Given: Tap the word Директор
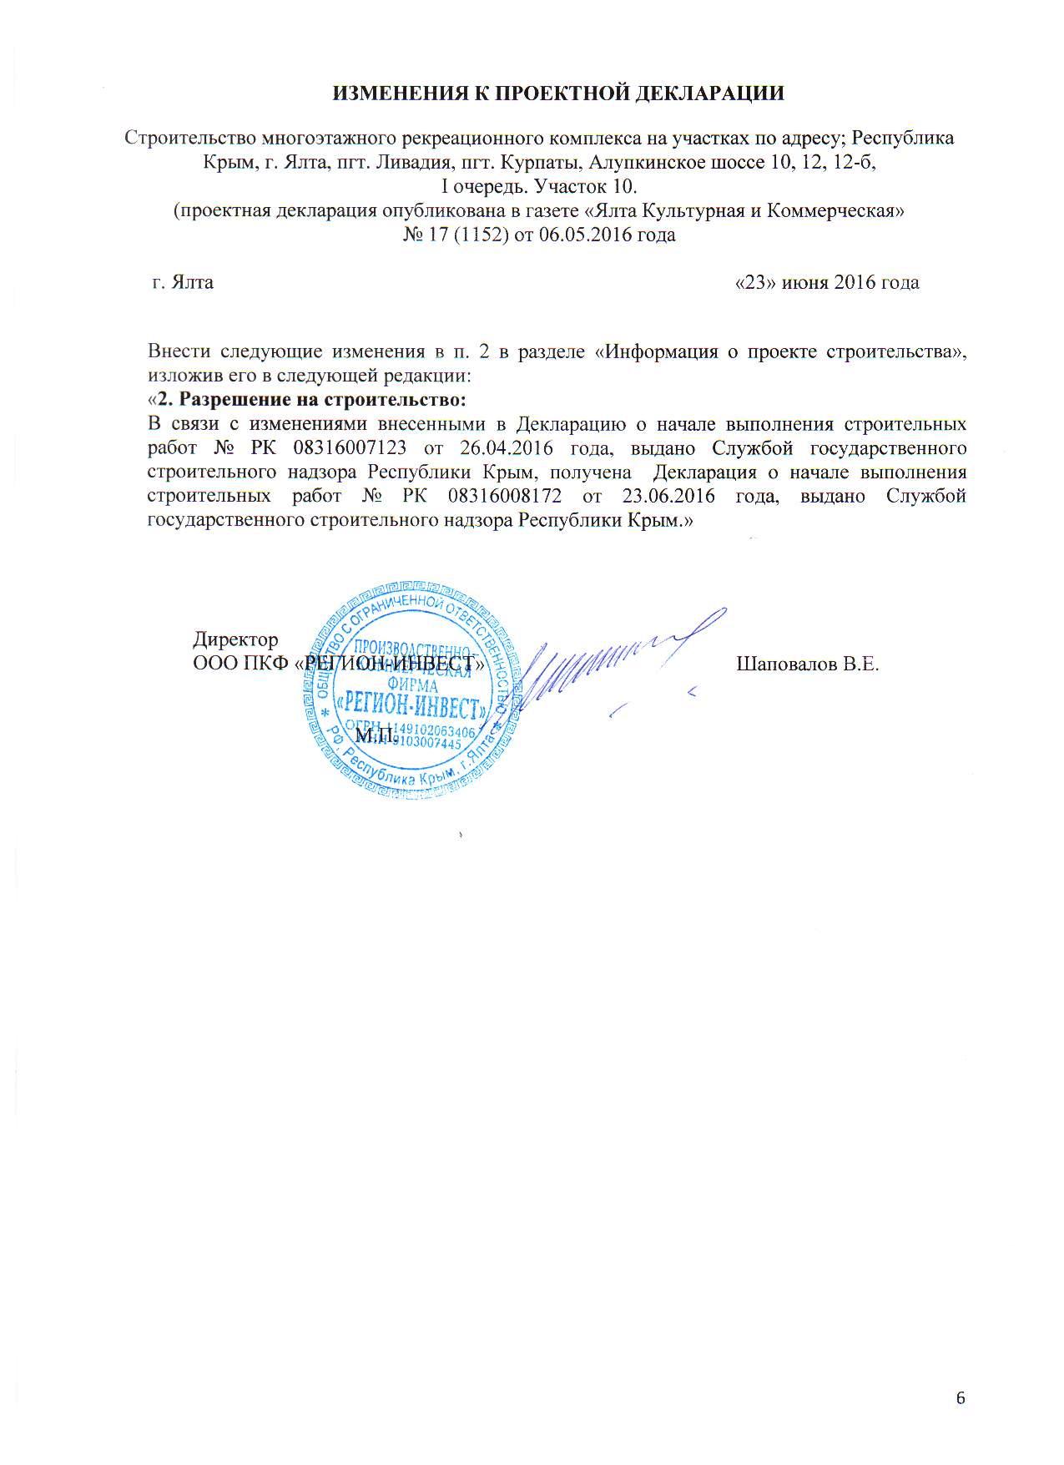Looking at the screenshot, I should tap(235, 640).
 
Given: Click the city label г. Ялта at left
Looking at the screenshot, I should tap(182, 282).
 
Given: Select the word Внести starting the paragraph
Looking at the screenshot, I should tap(179, 351).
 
